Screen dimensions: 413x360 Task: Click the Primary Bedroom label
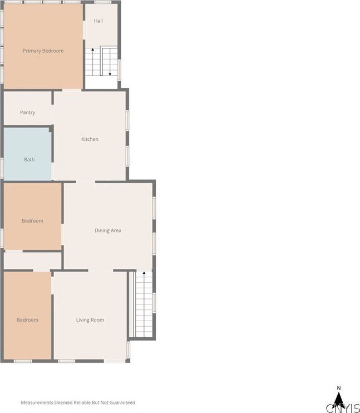[x=43, y=51]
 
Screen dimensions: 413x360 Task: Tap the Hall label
[x=98, y=21]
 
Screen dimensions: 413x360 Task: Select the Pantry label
[x=27, y=112]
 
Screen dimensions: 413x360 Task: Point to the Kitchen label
[x=90, y=139]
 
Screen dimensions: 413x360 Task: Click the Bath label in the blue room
[x=29, y=160]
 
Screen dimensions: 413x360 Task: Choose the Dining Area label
[x=108, y=230]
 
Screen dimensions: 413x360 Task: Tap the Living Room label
[x=90, y=320]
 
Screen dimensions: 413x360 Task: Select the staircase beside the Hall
[x=101, y=62]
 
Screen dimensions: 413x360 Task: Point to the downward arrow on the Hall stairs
[x=110, y=72]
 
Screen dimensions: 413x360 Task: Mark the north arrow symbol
[x=339, y=400]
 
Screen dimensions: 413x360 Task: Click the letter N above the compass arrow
[x=338, y=388]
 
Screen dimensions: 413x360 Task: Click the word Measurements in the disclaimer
[x=37, y=402]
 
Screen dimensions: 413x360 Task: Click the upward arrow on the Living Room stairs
[x=144, y=274]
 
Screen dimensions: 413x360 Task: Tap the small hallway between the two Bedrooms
[x=32, y=260]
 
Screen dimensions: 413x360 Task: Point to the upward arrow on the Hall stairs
[x=92, y=50]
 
